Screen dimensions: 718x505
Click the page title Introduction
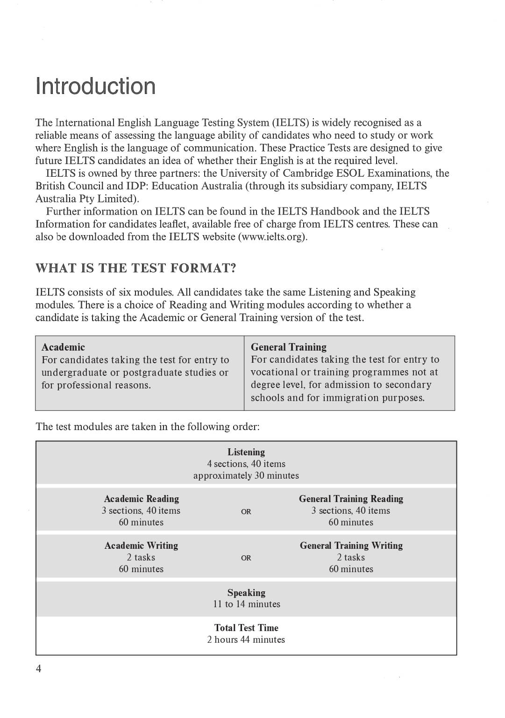(x=95, y=86)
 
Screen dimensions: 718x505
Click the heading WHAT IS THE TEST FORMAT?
(x=135, y=268)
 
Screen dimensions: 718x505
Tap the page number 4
(x=39, y=669)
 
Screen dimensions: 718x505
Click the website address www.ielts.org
(x=273, y=237)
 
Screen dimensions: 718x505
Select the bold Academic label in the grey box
(x=63, y=347)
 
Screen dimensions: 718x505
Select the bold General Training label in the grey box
(x=288, y=347)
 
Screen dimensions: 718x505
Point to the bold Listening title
(x=246, y=452)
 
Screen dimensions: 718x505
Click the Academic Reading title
(x=141, y=499)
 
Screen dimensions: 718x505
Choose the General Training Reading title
(x=351, y=499)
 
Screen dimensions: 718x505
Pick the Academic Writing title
(x=141, y=546)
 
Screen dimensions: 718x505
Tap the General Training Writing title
(x=351, y=546)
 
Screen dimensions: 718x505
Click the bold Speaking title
(x=246, y=593)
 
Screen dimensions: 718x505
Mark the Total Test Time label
(x=246, y=628)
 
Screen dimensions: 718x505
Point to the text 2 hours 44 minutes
(x=246, y=639)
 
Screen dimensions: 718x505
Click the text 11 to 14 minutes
(x=246, y=604)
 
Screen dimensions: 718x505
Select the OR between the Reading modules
(x=246, y=512)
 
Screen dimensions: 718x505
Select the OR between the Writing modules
(x=246, y=558)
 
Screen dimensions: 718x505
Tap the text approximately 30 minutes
(x=246, y=475)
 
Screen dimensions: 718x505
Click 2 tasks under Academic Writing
(x=141, y=557)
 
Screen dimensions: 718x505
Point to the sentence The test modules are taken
(x=147, y=427)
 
